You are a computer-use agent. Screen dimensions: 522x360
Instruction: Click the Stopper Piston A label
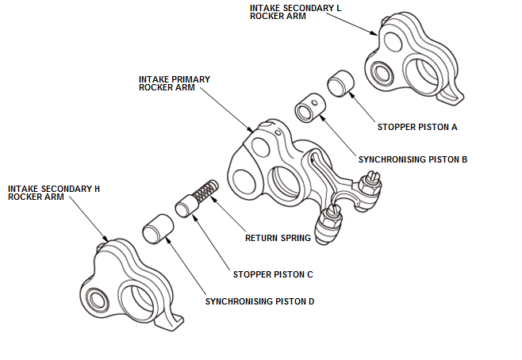point(417,127)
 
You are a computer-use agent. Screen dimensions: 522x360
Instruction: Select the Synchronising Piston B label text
point(413,159)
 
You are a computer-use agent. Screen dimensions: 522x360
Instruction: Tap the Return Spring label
point(278,238)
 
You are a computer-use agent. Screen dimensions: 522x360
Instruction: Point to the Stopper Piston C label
point(273,274)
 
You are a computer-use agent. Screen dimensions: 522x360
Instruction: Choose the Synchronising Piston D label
point(259,301)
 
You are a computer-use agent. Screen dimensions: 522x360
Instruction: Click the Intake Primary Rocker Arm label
point(175,83)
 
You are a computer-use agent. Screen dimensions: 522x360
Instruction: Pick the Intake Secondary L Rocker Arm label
point(296,12)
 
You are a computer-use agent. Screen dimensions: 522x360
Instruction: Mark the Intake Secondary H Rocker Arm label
point(54,193)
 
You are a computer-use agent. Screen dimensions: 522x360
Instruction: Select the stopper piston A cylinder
point(340,83)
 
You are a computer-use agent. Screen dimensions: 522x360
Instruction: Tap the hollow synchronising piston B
point(311,107)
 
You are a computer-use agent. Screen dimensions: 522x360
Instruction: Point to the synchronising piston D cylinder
point(158,228)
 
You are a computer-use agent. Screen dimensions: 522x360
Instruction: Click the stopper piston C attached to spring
point(186,206)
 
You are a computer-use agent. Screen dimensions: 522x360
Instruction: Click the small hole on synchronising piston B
point(313,101)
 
